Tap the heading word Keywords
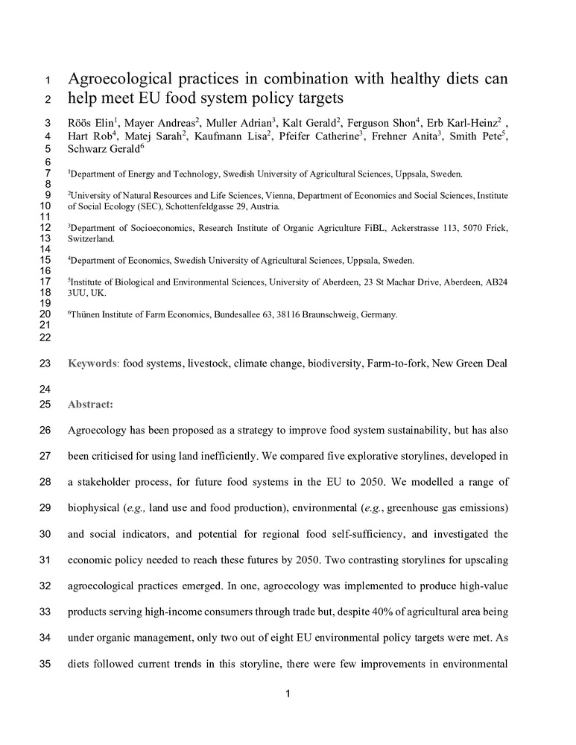pyautogui.click(x=92, y=364)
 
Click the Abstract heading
pyautogui.click(x=90, y=405)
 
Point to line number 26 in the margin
pyautogui.click(x=44, y=431)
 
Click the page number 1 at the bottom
pyautogui.click(x=288, y=694)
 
